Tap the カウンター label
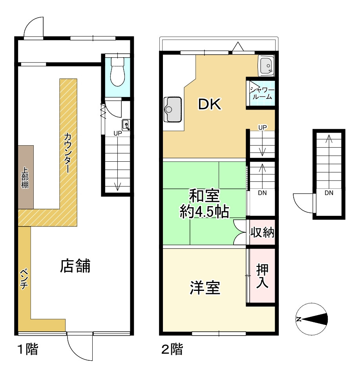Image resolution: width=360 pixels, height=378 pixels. [68, 153]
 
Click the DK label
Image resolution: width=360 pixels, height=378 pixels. [209, 104]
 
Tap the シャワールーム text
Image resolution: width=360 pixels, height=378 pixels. [261, 93]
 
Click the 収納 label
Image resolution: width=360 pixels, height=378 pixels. [262, 232]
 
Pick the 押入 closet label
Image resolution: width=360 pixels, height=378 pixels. [262, 276]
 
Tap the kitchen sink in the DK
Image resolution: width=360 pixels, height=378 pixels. [173, 110]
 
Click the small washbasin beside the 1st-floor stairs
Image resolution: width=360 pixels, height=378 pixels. [126, 125]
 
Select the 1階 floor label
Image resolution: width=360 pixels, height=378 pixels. [27, 349]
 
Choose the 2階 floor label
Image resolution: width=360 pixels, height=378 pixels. [172, 349]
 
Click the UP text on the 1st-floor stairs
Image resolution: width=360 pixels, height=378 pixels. [117, 133]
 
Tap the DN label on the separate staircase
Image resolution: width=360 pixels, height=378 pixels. [329, 193]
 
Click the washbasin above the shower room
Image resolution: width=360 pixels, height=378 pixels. [266, 65]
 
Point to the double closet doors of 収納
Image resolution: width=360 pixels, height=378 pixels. [239, 232]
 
